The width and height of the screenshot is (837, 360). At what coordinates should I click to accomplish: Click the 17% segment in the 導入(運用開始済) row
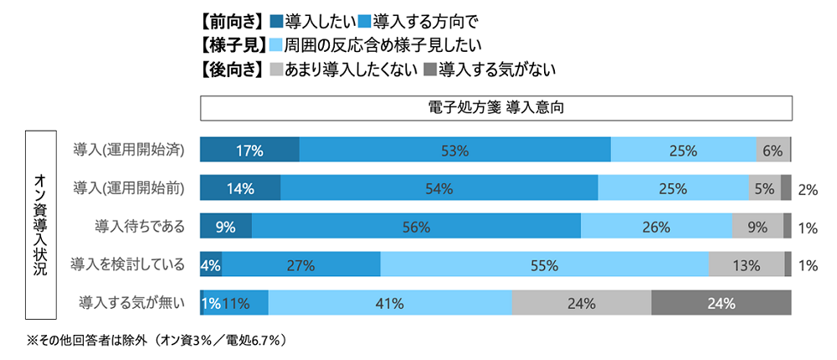(x=249, y=151)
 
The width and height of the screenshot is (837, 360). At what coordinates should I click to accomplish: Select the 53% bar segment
(x=454, y=151)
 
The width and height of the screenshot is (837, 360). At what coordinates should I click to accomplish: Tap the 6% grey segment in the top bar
(x=773, y=151)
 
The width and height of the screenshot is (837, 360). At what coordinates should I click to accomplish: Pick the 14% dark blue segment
(x=240, y=188)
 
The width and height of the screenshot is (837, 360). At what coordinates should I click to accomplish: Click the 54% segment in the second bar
(x=439, y=188)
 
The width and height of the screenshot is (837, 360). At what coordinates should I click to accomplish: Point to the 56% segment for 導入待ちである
(x=416, y=226)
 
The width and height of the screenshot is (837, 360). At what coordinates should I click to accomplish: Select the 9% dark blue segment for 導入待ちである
(x=226, y=226)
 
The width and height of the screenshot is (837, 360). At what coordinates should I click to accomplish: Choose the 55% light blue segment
(x=544, y=265)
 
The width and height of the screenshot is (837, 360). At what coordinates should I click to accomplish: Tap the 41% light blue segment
(x=389, y=302)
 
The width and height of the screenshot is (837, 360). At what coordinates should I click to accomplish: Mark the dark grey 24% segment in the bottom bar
(x=721, y=302)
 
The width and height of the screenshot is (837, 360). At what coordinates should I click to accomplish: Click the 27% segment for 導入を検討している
(x=300, y=265)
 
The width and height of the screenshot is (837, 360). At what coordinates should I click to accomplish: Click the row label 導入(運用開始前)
(x=129, y=188)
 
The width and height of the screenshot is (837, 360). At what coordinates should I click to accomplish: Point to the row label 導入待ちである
(x=140, y=226)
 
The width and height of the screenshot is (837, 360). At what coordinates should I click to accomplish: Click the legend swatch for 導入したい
(x=277, y=19)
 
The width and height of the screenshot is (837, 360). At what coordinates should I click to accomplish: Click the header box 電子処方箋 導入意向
(x=496, y=109)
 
